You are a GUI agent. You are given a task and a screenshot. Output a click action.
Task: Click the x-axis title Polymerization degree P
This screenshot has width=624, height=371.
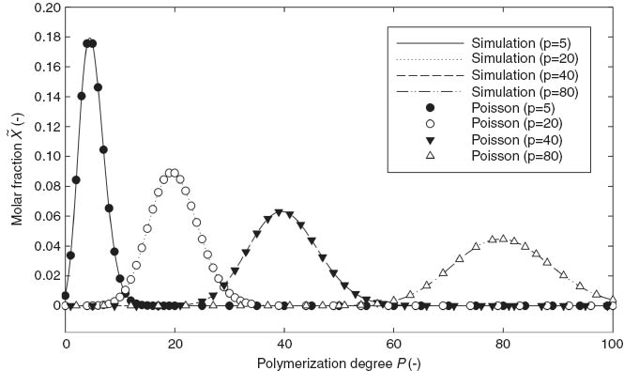click(x=339, y=357)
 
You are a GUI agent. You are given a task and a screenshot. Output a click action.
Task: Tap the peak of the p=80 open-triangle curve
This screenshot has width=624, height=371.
click(x=503, y=239)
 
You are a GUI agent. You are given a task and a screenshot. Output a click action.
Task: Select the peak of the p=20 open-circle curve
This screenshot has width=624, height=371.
click(x=172, y=173)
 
